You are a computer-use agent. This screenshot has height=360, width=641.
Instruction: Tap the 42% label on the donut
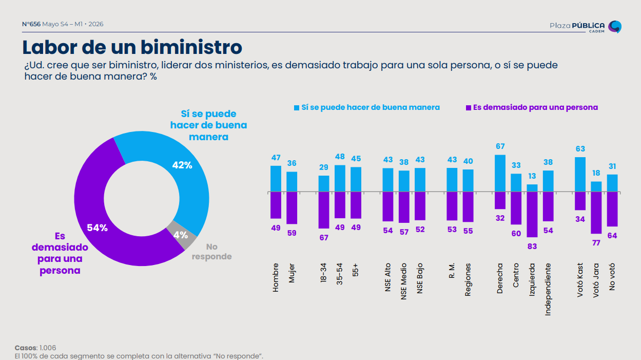[182, 165]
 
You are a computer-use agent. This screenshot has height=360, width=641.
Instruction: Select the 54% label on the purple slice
[98, 228]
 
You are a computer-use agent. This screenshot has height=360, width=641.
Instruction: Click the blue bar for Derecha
[500, 173]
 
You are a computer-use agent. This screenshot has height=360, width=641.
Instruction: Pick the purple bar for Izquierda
[532, 215]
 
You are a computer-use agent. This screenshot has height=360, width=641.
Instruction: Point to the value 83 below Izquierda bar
[532, 247]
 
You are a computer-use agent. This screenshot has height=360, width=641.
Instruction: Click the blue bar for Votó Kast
[580, 175]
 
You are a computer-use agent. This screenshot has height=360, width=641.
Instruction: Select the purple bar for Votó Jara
[596, 213]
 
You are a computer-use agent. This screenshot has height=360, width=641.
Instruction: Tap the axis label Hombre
[276, 277]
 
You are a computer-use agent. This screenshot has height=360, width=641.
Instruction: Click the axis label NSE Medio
[404, 281]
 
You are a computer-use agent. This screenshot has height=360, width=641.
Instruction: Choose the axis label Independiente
[548, 290]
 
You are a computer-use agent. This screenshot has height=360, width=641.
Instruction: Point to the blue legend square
[297, 108]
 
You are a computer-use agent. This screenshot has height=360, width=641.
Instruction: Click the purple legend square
[469, 108]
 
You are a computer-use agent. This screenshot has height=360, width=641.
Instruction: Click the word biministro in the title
[191, 47]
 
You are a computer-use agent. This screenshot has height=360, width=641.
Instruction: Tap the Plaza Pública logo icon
[615, 27]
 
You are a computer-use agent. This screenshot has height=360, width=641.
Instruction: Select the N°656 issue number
[31, 24]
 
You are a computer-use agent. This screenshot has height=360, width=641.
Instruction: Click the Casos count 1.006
[48, 348]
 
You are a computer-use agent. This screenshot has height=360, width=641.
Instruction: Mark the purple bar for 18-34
[324, 210]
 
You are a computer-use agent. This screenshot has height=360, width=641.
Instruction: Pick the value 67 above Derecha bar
[500, 146]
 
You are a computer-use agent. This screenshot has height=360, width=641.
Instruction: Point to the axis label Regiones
[468, 280]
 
